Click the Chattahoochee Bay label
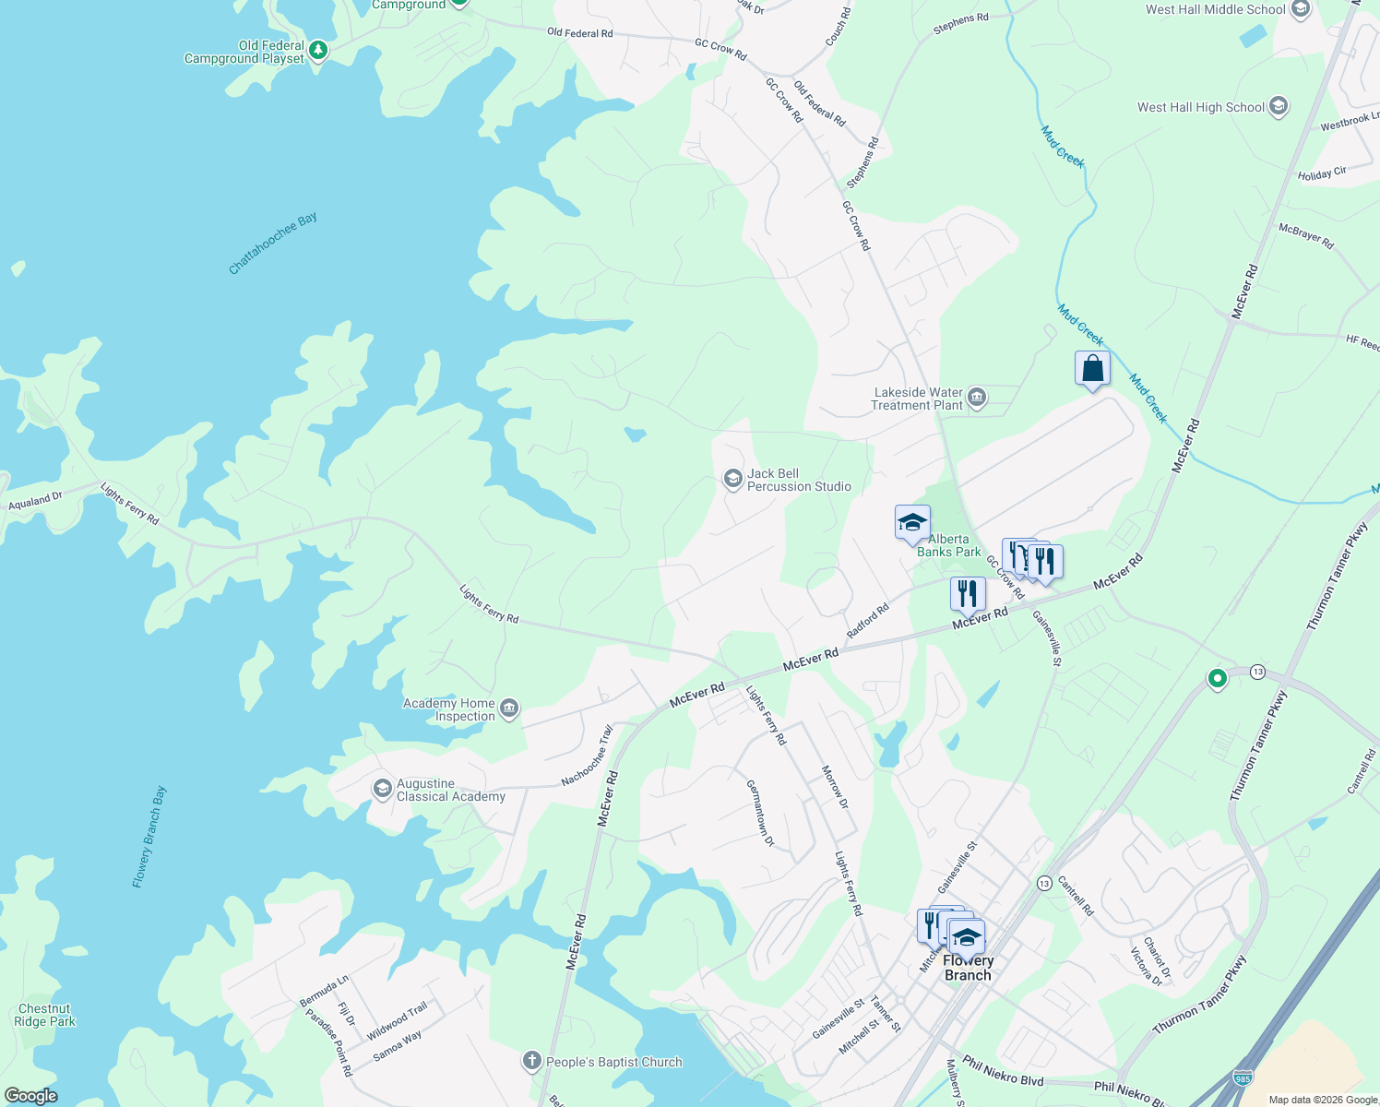tap(272, 244)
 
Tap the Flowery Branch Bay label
tap(149, 837)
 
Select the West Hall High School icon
tap(1279, 107)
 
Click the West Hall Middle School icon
tap(1301, 10)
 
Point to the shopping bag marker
tap(1092, 369)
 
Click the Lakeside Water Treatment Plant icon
tap(977, 399)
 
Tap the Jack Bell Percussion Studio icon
tap(732, 479)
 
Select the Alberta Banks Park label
tap(948, 545)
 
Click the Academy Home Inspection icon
tap(509, 709)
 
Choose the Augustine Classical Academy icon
tap(382, 789)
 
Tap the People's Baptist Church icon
tap(531, 1062)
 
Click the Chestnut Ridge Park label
tap(44, 1015)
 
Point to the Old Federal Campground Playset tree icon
tap(318, 50)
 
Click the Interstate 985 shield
tap(1242, 1077)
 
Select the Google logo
tap(30, 1096)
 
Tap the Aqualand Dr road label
tap(35, 501)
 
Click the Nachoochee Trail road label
tap(587, 756)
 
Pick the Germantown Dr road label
tap(760, 813)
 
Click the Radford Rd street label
tap(868, 620)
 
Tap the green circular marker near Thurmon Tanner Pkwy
tap(1217, 679)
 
